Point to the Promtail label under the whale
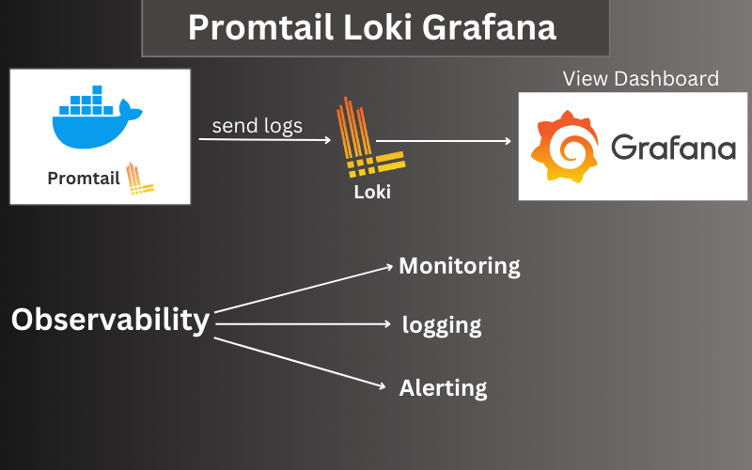tap(84, 177)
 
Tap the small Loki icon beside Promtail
tap(140, 177)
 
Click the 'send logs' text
tap(257, 125)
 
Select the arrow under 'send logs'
tap(264, 141)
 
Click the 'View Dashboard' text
tap(640, 78)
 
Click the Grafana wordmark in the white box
tap(673, 148)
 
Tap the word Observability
tap(110, 320)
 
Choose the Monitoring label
tap(459, 266)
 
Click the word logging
tap(442, 325)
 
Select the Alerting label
tap(443, 387)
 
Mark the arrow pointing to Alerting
tap(301, 361)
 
